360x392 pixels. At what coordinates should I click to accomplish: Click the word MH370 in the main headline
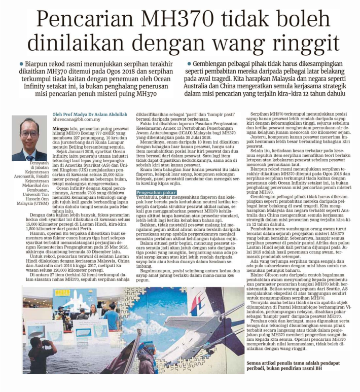(167, 20)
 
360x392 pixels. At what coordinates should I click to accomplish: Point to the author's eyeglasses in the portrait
(29, 134)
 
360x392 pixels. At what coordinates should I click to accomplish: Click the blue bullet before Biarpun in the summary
(21, 64)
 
